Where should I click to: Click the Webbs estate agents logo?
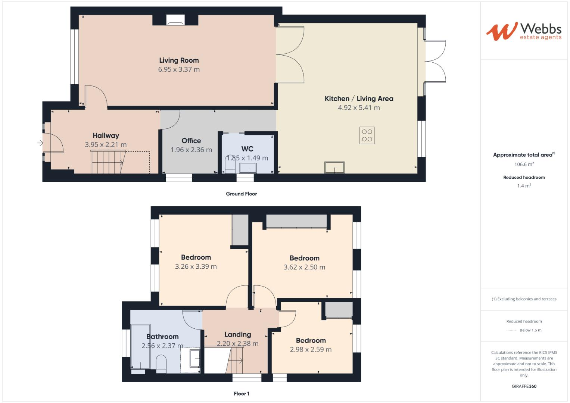tap(523, 31)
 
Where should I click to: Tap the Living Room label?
tap(179, 60)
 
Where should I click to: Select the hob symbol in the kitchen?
tap(367, 135)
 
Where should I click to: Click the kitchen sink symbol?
tap(334, 167)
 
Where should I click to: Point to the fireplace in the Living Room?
tap(175, 21)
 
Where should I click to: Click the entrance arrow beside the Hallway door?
tap(40, 143)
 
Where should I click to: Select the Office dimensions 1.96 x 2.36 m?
tap(191, 150)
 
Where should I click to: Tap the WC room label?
tap(247, 149)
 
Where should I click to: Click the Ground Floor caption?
tap(241, 194)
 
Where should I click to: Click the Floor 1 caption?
tap(241, 394)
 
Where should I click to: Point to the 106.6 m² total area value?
tap(524, 164)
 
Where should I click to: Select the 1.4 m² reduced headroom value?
tap(524, 186)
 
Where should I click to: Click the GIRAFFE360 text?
tap(524, 386)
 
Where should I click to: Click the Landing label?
tap(237, 335)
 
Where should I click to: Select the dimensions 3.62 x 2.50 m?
tap(304, 267)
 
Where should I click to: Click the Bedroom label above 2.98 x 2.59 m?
tap(311, 340)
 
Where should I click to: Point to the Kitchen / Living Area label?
tap(359, 99)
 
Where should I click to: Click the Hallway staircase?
tap(108, 162)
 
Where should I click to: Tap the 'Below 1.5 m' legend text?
tap(530, 330)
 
